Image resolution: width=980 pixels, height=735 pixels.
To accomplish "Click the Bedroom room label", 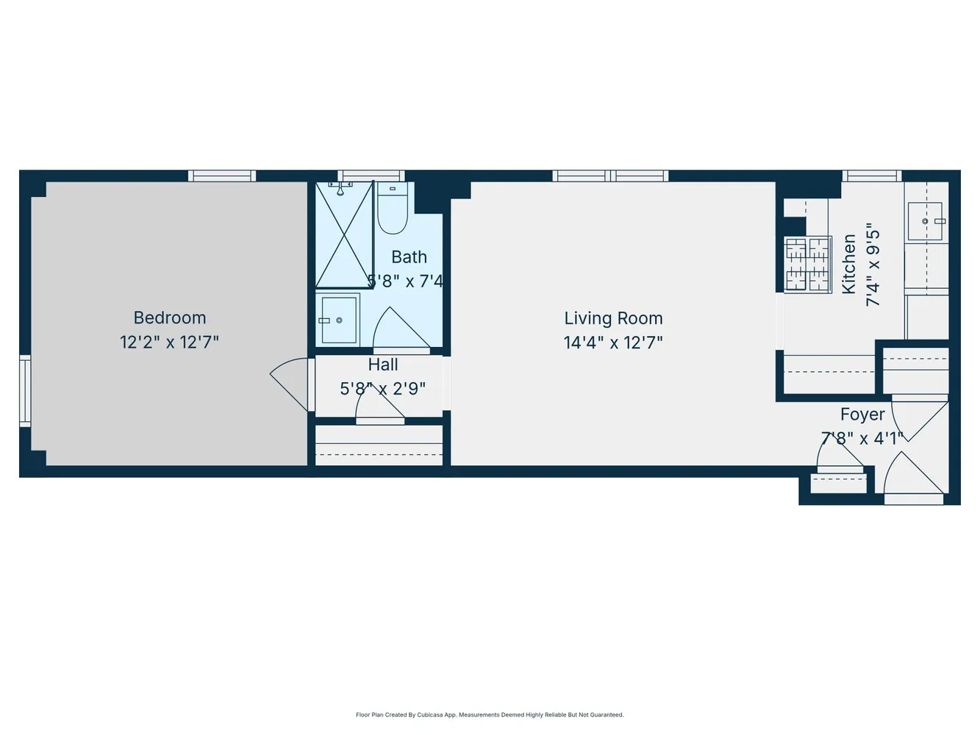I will click(x=170, y=318).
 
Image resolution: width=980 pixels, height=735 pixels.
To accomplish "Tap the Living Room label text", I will click(x=613, y=318).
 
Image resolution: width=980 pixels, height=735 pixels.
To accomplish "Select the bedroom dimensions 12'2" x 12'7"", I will click(x=170, y=342).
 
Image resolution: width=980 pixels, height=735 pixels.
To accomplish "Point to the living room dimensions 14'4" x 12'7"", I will click(x=613, y=343).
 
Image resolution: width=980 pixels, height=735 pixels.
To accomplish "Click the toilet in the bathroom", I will click(x=393, y=209).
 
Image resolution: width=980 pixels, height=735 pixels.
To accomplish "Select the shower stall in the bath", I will click(x=344, y=235).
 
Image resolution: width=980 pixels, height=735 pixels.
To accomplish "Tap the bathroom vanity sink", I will click(x=338, y=320).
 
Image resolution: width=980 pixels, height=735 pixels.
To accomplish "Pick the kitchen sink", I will click(x=926, y=221).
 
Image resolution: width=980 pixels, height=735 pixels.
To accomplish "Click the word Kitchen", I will click(x=849, y=264).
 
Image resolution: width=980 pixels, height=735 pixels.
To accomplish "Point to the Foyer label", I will click(x=862, y=415).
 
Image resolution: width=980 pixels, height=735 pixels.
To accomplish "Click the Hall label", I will click(x=383, y=365).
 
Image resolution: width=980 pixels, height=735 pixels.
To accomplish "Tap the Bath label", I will click(x=409, y=257).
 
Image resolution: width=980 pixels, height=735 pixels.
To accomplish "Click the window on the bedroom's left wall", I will click(x=25, y=390).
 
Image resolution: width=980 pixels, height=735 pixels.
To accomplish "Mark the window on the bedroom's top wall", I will click(x=222, y=176).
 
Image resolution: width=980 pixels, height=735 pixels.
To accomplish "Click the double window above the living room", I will click(x=610, y=176).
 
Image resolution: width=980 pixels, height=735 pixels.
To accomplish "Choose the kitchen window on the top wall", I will click(x=872, y=176).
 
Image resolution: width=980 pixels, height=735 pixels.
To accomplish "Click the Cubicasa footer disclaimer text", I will click(x=490, y=714).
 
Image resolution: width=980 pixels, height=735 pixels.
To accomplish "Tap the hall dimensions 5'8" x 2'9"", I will click(x=382, y=389).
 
